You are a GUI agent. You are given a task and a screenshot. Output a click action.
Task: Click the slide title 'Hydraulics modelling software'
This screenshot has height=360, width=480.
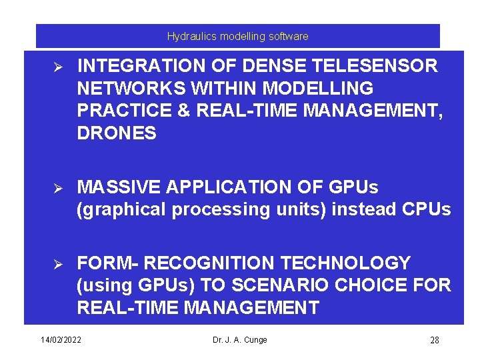click(237, 36)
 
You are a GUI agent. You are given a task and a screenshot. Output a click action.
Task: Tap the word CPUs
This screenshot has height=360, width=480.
click(427, 209)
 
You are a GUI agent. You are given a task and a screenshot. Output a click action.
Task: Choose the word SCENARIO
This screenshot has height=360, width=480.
click(289, 285)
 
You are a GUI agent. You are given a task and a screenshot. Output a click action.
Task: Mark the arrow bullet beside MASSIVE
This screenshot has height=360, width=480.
click(57, 187)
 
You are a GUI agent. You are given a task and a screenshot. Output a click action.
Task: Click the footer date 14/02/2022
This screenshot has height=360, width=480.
click(61, 340)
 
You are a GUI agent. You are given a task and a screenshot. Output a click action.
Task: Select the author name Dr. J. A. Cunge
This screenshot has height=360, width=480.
click(239, 340)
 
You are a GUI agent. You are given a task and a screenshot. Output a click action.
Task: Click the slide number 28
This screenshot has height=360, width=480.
click(434, 341)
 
